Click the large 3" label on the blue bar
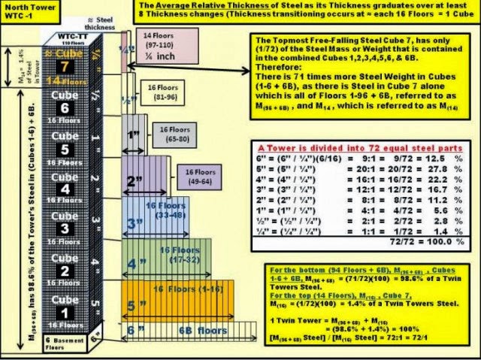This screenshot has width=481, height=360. tap(136, 224)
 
